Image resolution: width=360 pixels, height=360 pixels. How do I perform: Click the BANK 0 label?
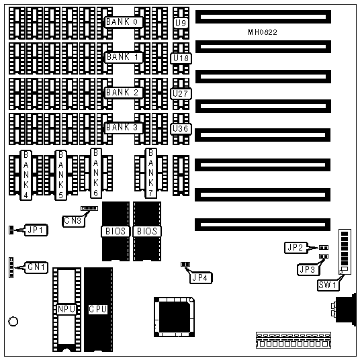(124, 22)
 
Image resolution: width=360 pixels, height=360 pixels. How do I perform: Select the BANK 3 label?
(124, 128)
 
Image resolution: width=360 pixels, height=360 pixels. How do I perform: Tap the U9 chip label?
(181, 23)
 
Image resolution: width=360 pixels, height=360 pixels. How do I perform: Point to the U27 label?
(181, 93)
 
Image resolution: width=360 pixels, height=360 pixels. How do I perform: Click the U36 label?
(181, 129)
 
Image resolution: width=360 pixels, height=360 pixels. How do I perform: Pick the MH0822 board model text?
(263, 32)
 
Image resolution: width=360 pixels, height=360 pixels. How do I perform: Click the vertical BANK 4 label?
(26, 175)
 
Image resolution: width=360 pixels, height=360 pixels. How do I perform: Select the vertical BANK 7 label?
(151, 173)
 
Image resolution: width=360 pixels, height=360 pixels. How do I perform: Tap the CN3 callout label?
(73, 221)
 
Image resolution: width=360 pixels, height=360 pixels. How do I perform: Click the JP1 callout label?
(36, 230)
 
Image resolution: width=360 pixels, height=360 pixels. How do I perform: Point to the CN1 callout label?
(36, 267)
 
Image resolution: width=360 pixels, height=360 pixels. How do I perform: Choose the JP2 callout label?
(296, 247)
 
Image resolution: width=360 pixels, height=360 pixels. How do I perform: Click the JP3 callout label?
(308, 269)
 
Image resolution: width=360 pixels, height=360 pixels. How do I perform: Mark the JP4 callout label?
(201, 278)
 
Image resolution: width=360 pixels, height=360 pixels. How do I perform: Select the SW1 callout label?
(328, 285)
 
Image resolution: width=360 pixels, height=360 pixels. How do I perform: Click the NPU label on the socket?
(66, 309)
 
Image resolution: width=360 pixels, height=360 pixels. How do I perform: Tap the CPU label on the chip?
(98, 309)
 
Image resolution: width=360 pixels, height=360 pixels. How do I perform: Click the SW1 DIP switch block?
(345, 252)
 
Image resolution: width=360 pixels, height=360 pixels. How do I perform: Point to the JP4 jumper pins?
(185, 264)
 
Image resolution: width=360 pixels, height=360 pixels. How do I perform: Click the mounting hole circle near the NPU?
(13, 322)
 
